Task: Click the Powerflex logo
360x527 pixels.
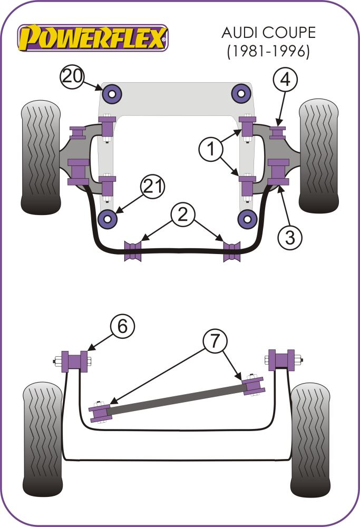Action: coord(93,37)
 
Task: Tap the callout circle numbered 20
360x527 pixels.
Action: coord(72,77)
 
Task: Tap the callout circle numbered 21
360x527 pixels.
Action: coord(152,187)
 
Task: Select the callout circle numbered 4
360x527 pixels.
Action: coord(285,80)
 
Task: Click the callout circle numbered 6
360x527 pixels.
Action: coord(122,327)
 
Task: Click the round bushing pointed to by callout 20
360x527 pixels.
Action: coord(111,94)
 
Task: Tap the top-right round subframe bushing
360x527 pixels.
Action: coord(241,94)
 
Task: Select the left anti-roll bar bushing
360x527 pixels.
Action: coord(133,250)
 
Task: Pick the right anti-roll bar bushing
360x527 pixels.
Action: coord(231,250)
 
